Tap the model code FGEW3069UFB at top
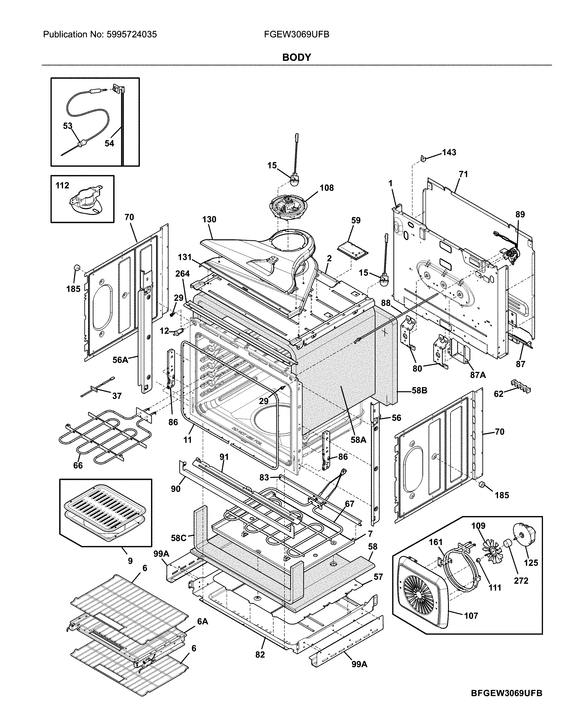296,34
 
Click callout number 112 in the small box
62,185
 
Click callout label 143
449,152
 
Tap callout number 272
521,581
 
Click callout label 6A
203,621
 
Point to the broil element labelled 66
101,439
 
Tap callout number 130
209,220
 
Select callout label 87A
478,375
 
